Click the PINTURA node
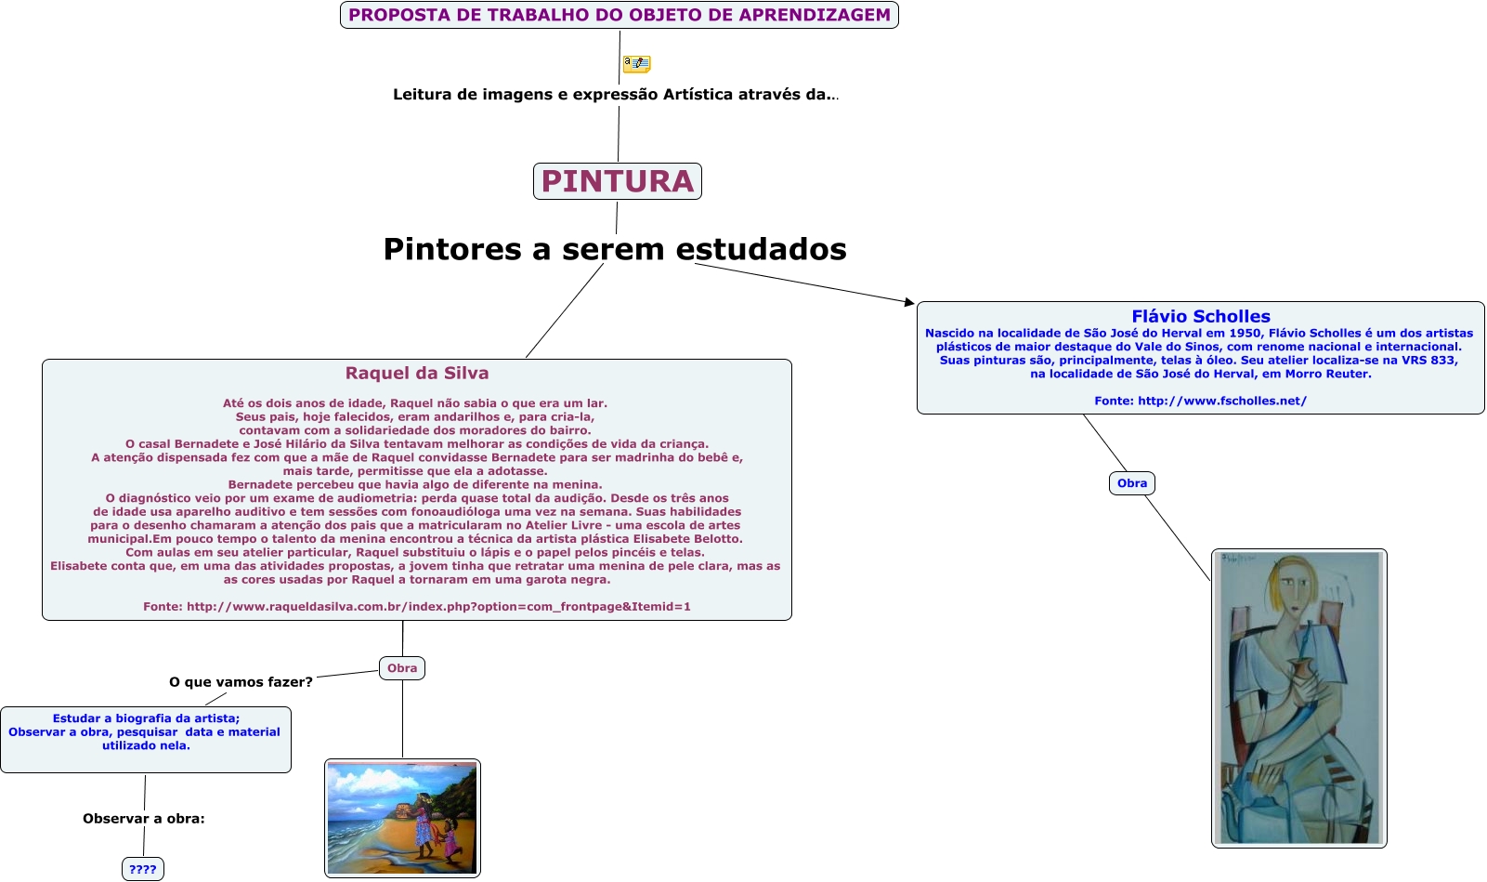(x=618, y=181)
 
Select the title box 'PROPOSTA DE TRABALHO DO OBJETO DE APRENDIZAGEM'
(x=620, y=15)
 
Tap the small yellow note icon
(x=636, y=63)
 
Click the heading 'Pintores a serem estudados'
(x=615, y=249)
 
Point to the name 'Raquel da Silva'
(x=417, y=373)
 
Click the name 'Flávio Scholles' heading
(x=1200, y=316)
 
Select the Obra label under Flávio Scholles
(x=1131, y=483)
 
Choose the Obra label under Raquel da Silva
(x=402, y=668)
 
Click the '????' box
(x=143, y=869)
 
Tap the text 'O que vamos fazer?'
(x=241, y=682)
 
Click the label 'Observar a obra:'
(x=144, y=819)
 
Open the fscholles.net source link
(x=1221, y=401)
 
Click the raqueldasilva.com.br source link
(x=438, y=606)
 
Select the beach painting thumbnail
(x=402, y=818)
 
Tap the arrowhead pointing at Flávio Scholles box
(x=909, y=301)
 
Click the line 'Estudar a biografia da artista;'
(x=146, y=718)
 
